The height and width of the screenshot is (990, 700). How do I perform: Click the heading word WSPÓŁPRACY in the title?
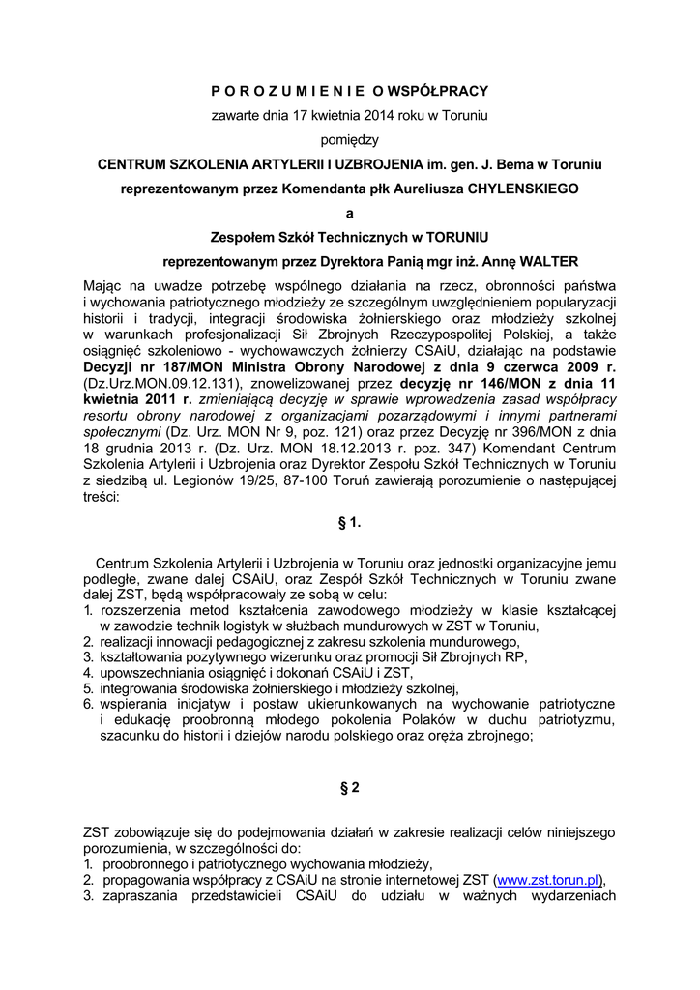pos(440,91)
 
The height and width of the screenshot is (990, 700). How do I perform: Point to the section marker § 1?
pos(350,523)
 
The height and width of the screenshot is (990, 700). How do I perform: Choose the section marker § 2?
pos(350,788)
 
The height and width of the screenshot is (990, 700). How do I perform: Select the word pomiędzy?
pos(350,140)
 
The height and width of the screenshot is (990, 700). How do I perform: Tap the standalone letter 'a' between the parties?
pos(350,214)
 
